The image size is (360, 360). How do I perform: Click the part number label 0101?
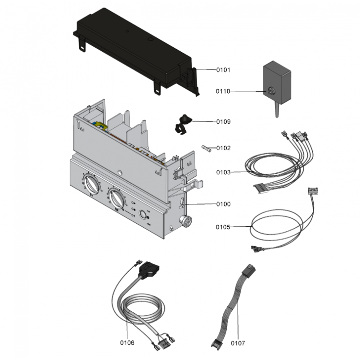(x=223, y=70)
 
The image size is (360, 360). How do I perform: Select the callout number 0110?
(x=223, y=91)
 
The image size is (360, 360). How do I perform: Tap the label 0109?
(x=223, y=121)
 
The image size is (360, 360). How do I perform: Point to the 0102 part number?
(x=223, y=148)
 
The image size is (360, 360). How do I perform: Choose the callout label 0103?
(x=223, y=172)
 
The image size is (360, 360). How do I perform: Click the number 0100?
(x=223, y=204)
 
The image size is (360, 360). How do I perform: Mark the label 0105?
(x=223, y=227)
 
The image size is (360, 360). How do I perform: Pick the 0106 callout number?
(x=127, y=342)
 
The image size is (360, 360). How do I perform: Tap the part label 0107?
(x=238, y=343)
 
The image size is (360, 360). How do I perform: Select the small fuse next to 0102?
(x=207, y=148)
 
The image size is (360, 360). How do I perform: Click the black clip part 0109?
(x=182, y=123)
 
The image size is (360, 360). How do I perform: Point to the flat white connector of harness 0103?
(x=261, y=189)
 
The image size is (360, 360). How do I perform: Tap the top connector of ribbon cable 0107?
(x=249, y=271)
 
